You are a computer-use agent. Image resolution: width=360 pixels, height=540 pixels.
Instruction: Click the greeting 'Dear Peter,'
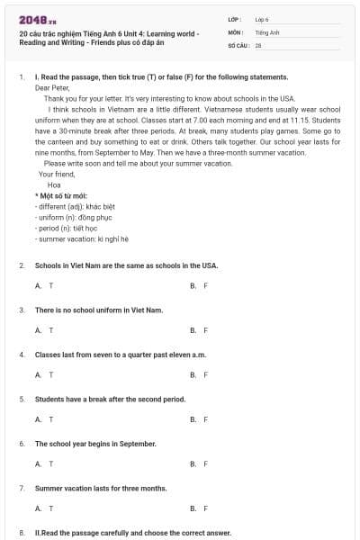[x=52, y=88]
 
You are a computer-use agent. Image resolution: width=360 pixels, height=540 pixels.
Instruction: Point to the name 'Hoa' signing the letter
[x=54, y=184]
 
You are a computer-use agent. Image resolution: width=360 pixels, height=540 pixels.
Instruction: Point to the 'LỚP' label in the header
[x=235, y=18]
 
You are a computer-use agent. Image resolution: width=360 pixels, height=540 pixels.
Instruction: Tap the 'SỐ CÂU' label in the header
[x=238, y=44]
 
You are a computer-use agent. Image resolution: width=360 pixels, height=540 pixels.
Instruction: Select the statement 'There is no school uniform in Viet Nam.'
[x=99, y=310]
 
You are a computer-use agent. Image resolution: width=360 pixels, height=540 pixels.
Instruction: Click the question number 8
[x=22, y=532]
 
